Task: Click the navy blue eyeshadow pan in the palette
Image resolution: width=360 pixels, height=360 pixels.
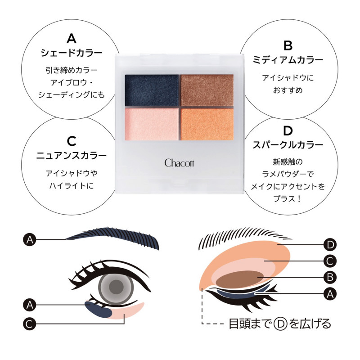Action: click(152, 90)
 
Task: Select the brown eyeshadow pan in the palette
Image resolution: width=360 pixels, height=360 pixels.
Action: click(207, 90)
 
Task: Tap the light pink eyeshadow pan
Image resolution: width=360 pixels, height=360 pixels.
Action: click(152, 124)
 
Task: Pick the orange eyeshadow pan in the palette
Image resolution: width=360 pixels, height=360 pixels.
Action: click(207, 124)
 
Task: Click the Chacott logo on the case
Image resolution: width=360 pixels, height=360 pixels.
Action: click(179, 163)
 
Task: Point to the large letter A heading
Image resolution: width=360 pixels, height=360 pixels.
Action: click(72, 39)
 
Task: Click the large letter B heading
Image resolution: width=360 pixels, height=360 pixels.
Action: click(288, 45)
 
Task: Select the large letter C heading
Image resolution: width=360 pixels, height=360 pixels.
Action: click(72, 141)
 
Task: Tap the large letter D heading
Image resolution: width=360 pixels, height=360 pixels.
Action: click(288, 131)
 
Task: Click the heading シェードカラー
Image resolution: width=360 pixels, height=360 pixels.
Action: click(72, 53)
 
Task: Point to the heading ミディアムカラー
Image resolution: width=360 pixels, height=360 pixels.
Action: click(288, 60)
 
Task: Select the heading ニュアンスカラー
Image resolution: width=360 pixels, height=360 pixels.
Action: click(72, 156)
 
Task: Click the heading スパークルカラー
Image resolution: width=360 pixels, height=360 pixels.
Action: click(288, 145)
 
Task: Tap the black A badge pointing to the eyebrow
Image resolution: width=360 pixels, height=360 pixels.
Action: click(30, 240)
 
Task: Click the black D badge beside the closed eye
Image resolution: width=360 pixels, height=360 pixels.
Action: click(330, 245)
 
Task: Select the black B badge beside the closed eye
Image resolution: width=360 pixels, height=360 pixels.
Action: click(330, 277)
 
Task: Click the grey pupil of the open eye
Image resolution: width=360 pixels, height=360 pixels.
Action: click(116, 287)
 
